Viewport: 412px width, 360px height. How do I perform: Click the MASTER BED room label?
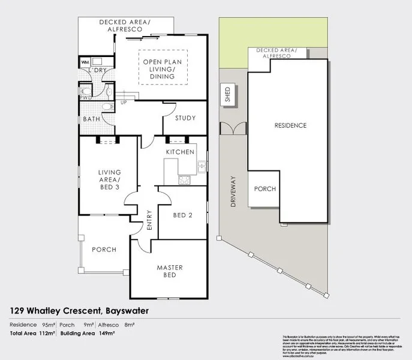pyautogui.click(x=170, y=271)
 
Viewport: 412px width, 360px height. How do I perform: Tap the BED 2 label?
pyautogui.click(x=182, y=215)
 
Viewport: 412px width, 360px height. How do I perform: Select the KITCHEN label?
pyautogui.click(x=180, y=152)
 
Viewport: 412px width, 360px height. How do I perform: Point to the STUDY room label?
pyautogui.click(x=185, y=118)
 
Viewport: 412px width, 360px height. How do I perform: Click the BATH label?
pyautogui.click(x=92, y=119)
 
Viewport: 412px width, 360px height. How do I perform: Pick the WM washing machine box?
pyautogui.click(x=85, y=62)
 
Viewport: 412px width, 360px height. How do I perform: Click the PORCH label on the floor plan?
pyautogui.click(x=104, y=250)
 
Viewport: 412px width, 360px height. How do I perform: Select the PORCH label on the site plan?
pyautogui.click(x=265, y=189)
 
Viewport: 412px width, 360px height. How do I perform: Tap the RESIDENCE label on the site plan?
pyautogui.click(x=290, y=126)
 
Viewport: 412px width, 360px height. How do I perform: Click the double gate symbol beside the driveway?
pyautogui.click(x=233, y=129)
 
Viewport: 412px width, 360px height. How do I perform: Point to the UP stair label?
pyautogui.click(x=124, y=103)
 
